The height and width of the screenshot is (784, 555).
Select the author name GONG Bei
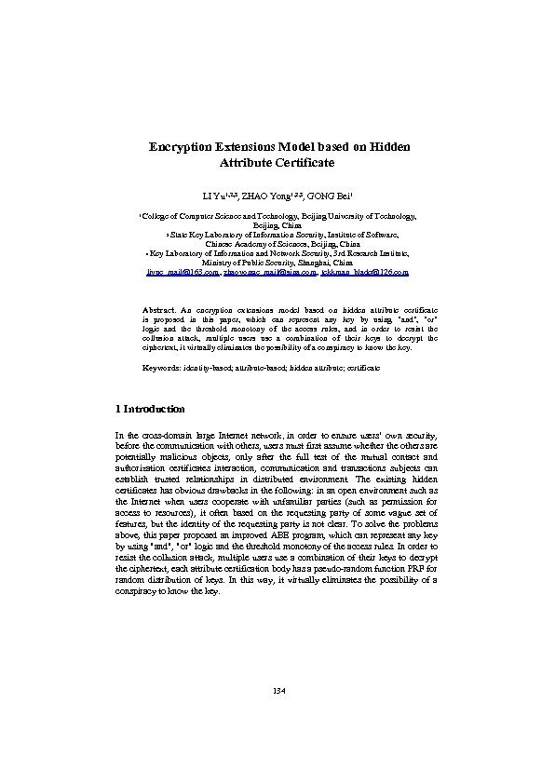329,197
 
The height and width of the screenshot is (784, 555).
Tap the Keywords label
161,369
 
